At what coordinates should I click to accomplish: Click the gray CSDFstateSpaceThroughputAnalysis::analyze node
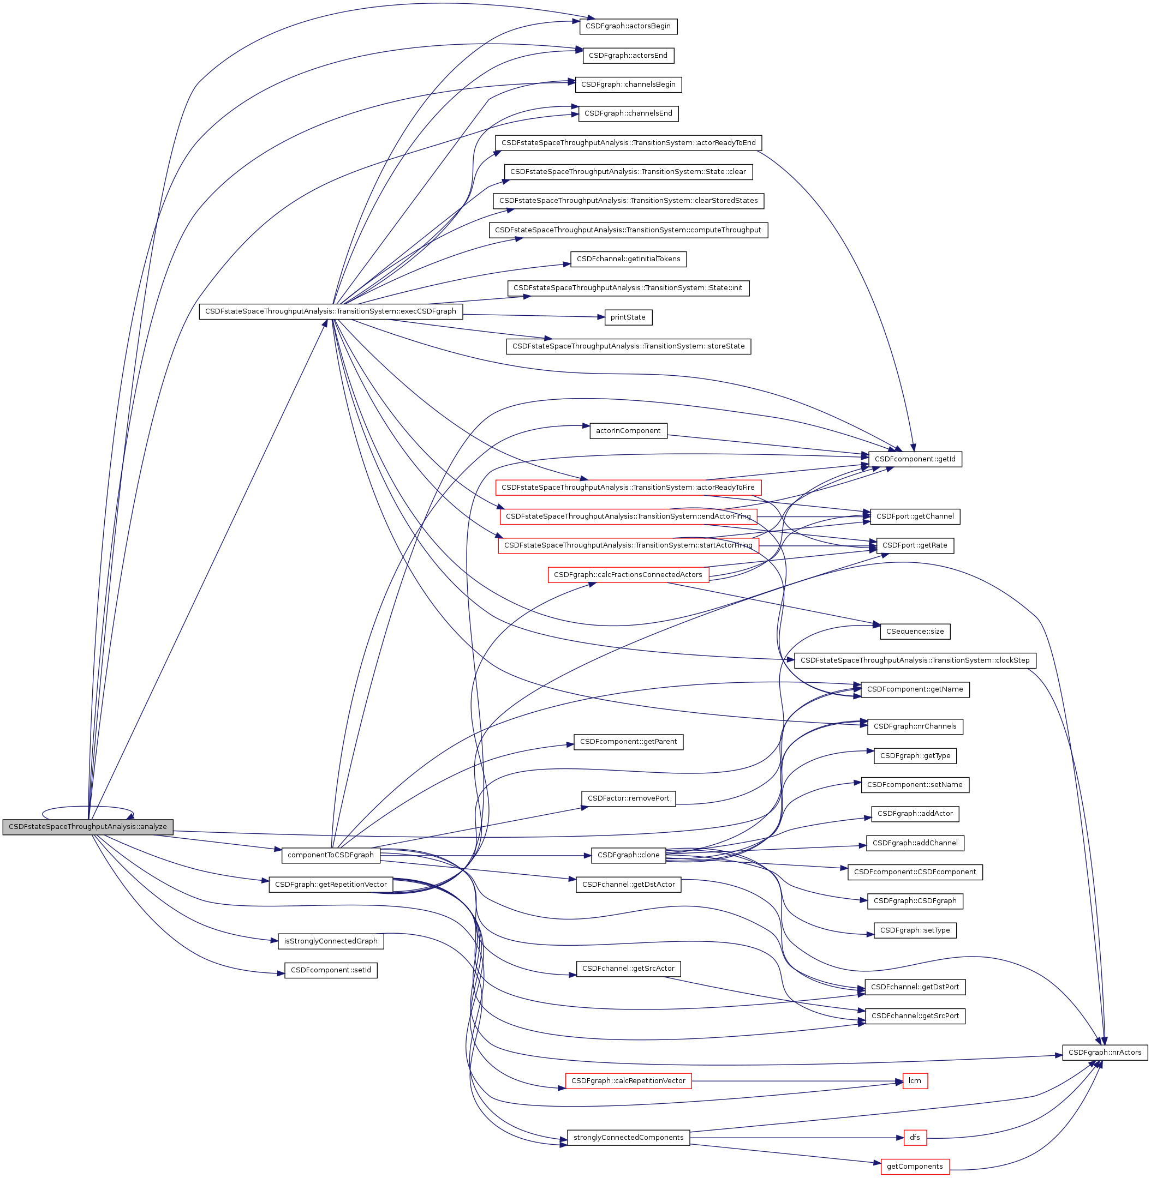click(88, 827)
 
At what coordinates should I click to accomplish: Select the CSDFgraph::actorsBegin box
click(628, 27)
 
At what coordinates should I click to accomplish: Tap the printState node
click(628, 318)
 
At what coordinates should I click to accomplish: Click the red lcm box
click(915, 1081)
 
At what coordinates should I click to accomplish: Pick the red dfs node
click(915, 1138)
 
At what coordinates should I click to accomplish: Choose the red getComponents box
click(915, 1167)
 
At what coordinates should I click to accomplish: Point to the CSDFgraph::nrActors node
click(1105, 1053)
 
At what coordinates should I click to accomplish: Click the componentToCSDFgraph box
click(331, 855)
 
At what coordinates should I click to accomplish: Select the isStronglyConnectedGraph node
click(331, 942)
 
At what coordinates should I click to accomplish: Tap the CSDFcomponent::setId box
click(331, 971)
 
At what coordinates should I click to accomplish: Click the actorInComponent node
click(628, 431)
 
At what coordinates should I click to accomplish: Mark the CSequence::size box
click(915, 632)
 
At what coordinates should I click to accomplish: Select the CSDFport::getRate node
click(915, 546)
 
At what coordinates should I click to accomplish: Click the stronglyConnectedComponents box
click(628, 1138)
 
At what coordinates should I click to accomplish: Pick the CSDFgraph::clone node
click(628, 855)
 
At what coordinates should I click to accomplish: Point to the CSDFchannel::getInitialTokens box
click(628, 260)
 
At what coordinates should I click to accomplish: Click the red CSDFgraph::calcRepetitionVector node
click(628, 1081)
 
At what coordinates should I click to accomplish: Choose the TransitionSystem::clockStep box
click(915, 661)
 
